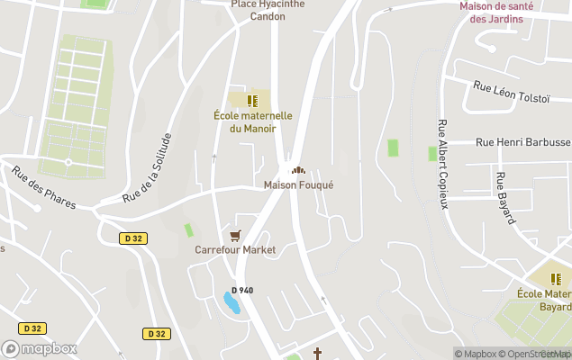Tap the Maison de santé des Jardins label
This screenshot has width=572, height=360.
(503, 12)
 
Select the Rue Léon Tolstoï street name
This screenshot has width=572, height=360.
(512, 93)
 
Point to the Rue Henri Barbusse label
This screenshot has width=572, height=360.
(522, 142)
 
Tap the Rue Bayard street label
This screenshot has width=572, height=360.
(504, 197)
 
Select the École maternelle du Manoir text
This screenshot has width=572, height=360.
(253, 121)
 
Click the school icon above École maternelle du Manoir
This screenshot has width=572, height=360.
(253, 100)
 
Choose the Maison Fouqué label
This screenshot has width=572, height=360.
(298, 185)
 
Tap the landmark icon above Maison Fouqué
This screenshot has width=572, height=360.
(298, 169)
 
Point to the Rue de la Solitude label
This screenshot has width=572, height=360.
(147, 167)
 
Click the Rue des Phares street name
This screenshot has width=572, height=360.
(44, 188)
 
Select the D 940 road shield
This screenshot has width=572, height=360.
(241, 290)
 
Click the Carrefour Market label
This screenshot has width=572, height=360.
(235, 250)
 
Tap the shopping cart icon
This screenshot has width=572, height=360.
(235, 236)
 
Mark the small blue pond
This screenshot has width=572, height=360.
(232, 302)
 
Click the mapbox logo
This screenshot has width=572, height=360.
(40, 348)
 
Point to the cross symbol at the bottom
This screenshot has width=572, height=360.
(317, 354)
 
